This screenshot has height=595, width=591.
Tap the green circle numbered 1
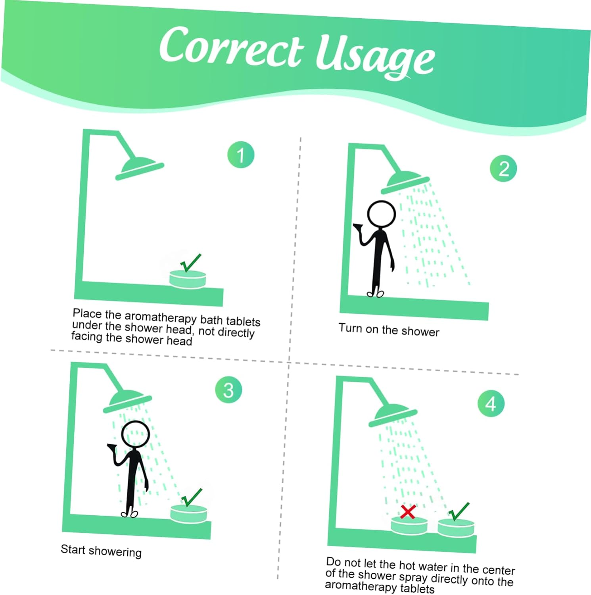[241, 155]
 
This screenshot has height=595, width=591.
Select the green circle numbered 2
[503, 169]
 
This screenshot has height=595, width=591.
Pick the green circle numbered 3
[228, 390]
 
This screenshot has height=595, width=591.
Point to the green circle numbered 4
[491, 404]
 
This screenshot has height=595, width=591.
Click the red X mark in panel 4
[408, 512]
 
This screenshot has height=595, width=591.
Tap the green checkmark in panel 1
[191, 263]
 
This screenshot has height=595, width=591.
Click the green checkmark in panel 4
[459, 511]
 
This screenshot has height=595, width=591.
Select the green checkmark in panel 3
[192, 497]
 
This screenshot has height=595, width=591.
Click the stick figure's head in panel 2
[382, 214]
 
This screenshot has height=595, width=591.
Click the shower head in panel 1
[139, 168]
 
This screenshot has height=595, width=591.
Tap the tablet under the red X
[409, 525]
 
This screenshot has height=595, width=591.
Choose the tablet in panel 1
[188, 278]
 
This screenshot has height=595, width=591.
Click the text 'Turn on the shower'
[389, 330]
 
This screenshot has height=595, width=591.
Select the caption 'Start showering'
[101, 551]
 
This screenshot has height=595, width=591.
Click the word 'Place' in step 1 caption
[87, 314]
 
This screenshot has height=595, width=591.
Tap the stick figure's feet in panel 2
[376, 294]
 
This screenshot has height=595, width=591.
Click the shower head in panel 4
[393, 415]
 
